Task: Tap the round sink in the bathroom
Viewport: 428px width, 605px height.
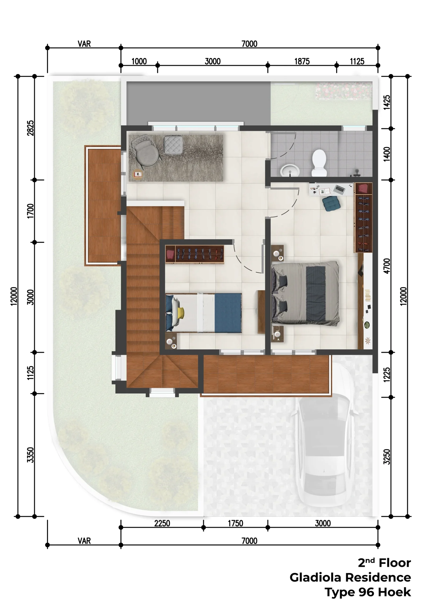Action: click(x=290, y=170)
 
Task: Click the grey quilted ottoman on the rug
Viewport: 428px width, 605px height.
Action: click(x=173, y=144)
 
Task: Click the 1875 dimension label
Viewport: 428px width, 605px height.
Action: click(x=302, y=61)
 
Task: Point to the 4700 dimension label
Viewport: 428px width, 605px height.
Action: click(x=387, y=266)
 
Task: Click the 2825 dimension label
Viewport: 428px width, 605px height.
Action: click(x=30, y=128)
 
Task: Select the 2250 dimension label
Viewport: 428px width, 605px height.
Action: click(x=162, y=523)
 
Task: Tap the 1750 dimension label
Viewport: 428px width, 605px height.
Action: click(x=235, y=523)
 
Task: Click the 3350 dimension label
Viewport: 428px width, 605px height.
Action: click(x=30, y=455)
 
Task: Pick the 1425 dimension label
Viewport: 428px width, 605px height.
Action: click(x=387, y=102)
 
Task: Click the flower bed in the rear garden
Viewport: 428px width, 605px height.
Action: click(x=344, y=91)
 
